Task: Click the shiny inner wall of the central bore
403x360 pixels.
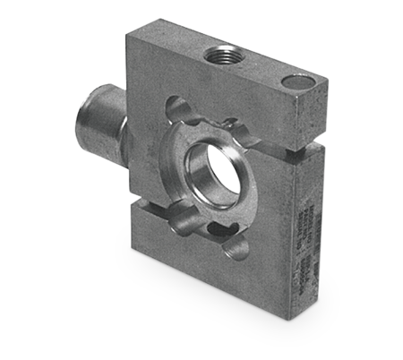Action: pyautogui.click(x=199, y=167)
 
